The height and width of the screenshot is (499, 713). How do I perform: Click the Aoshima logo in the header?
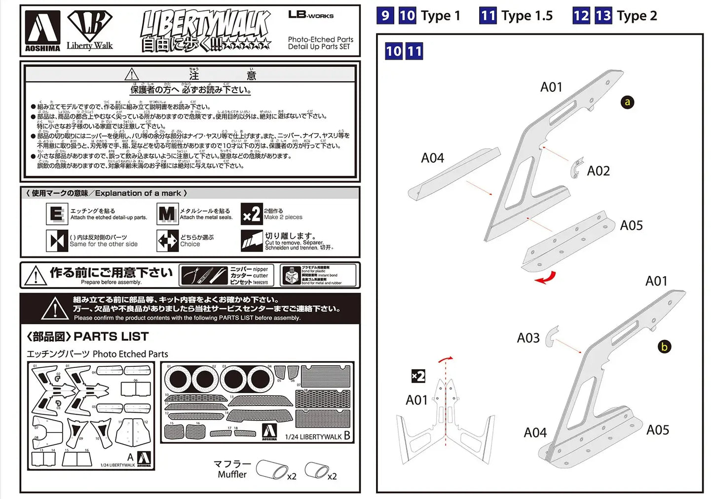[x=42, y=31]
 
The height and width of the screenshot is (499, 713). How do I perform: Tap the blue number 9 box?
[x=385, y=16]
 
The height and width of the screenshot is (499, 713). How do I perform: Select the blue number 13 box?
[x=603, y=16]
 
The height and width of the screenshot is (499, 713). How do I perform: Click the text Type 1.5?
[x=527, y=16]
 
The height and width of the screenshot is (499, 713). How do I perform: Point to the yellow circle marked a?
[x=627, y=102]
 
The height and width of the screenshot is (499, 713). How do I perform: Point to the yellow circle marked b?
[x=664, y=347]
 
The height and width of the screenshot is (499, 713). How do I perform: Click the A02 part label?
[x=598, y=171]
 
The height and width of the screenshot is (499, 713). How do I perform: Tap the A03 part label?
[x=528, y=338]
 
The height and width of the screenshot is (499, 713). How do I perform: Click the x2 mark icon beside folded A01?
[x=418, y=376]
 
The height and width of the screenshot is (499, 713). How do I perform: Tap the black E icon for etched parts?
[x=57, y=214]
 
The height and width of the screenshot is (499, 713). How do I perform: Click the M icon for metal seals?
[x=167, y=214]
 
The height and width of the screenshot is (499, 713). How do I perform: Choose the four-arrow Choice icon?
[x=167, y=241]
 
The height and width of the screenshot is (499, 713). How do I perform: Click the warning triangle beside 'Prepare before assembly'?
[x=36, y=276]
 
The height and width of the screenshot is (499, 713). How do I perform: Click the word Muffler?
[x=232, y=474]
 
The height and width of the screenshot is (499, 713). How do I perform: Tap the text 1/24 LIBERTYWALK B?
[x=317, y=436]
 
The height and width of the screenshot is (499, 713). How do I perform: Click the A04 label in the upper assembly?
[x=432, y=158]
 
